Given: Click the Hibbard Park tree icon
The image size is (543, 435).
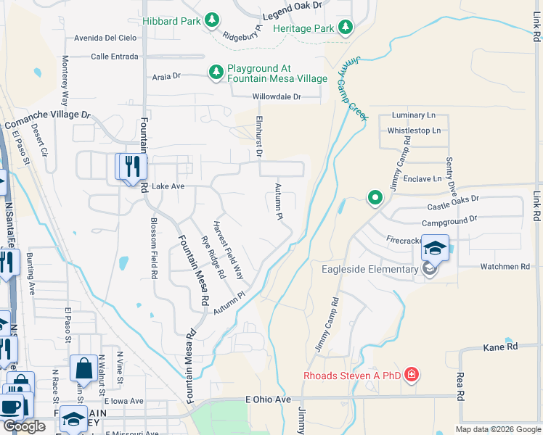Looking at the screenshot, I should pyautogui.click(x=212, y=21).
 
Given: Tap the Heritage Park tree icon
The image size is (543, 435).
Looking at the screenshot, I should pyautogui.click(x=346, y=28).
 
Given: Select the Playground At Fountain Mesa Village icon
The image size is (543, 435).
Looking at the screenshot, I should pyautogui.click(x=216, y=72).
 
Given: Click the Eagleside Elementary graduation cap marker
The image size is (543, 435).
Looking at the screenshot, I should pyautogui.click(x=435, y=249).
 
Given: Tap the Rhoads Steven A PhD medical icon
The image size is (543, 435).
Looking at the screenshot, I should pyautogui.click(x=412, y=375).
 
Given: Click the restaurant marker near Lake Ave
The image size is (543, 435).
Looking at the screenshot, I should pyautogui.click(x=131, y=167).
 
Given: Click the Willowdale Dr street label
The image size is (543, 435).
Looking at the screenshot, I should pyautogui.click(x=277, y=96).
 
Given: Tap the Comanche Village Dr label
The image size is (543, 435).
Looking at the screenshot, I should pyautogui.click(x=48, y=120).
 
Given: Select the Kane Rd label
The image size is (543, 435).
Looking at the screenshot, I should pyautogui.click(x=500, y=348).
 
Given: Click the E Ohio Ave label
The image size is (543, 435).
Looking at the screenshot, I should pyautogui.click(x=268, y=399).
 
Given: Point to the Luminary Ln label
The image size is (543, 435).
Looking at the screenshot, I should pyautogui.click(x=413, y=115).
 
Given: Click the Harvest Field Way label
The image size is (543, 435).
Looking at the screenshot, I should pyautogui.click(x=227, y=249).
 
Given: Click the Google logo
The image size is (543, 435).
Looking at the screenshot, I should pyautogui.click(x=24, y=426).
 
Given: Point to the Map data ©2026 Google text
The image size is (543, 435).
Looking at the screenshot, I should pyautogui.click(x=498, y=429).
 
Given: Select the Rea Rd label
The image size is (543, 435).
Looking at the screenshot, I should pyautogui.click(x=460, y=387).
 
